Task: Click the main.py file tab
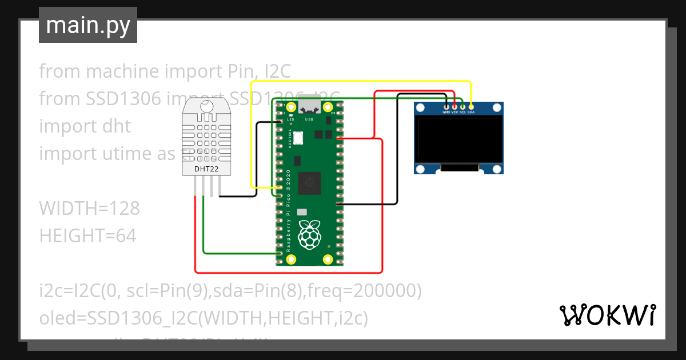tap(87, 25)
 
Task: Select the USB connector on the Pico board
tap(309, 104)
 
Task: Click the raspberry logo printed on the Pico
tap(309, 234)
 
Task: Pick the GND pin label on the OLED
tap(446, 112)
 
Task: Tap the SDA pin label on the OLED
tap(471, 112)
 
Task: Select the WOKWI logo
tap(607, 315)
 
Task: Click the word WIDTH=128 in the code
tap(89, 209)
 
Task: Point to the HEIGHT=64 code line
tap(87, 235)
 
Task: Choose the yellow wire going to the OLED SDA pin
tap(360, 82)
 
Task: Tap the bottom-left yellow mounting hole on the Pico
tap(291, 259)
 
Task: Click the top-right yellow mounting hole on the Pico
tap(328, 107)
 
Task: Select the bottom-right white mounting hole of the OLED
tap(496, 169)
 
